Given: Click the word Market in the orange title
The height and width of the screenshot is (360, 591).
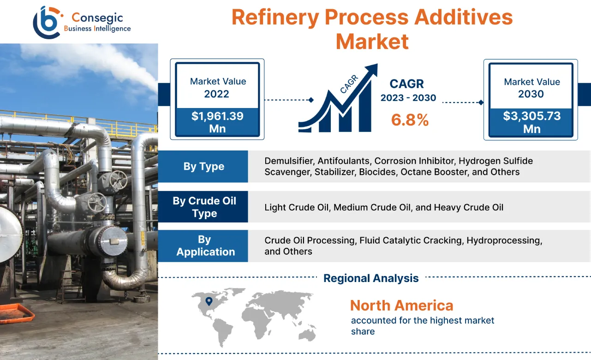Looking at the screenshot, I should (372, 42).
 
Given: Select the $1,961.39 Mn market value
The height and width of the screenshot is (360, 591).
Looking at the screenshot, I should (217, 122).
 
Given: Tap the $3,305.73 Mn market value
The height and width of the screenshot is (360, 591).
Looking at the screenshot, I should (531, 122).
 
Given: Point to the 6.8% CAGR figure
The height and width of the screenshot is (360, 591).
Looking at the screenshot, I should (410, 120).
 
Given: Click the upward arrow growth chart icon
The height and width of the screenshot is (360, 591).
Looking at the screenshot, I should (338, 99).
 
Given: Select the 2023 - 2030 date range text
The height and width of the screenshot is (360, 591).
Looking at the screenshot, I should (408, 98).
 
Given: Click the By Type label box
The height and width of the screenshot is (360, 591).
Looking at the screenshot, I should (203, 167).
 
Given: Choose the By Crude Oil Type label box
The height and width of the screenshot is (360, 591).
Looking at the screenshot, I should (203, 207).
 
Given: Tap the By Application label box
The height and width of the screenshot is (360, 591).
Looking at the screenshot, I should (203, 246).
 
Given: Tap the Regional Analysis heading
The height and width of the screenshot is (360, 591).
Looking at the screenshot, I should (371, 278).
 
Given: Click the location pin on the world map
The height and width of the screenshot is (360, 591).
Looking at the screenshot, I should (209, 302).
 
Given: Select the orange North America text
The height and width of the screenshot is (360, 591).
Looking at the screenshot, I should (401, 306).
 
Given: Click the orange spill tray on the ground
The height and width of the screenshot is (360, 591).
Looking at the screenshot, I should (16, 313).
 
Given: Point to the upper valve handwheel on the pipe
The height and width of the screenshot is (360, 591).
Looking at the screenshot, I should (119, 179).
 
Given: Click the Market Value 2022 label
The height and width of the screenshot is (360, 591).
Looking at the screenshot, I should (217, 88).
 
